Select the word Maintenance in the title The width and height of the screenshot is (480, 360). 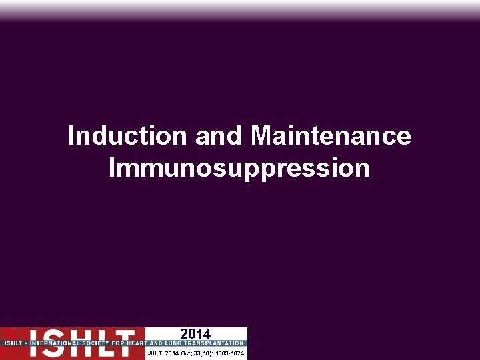[x=331, y=137]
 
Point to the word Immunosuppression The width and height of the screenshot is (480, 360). [x=239, y=168]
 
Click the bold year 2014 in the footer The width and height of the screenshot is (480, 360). [x=195, y=334]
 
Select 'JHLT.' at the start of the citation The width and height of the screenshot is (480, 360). [x=155, y=352]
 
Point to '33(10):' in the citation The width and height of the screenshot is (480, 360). [x=205, y=352]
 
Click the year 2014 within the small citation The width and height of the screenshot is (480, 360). [x=172, y=352]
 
